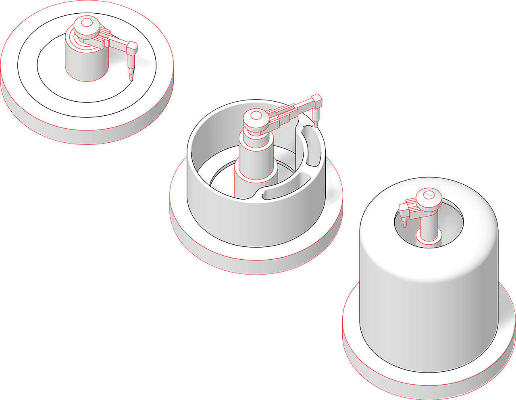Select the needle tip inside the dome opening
(404, 224)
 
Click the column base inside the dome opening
(429, 240)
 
